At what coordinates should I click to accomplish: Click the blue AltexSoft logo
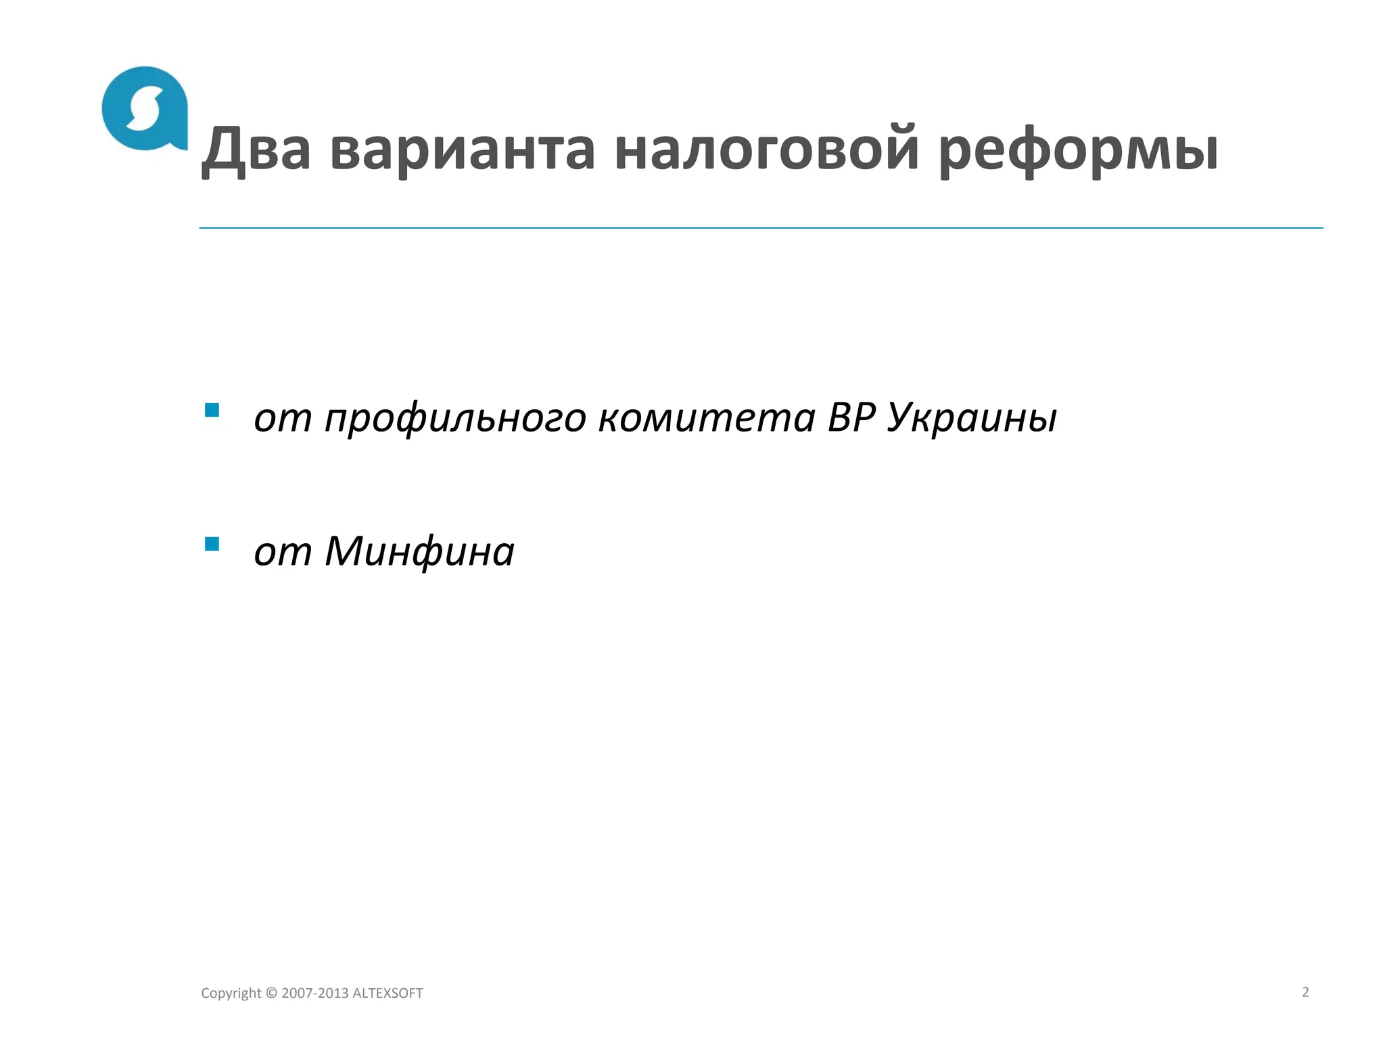pos(144,108)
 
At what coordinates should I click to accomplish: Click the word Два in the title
pos(256,149)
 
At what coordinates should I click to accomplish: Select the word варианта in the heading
pos(463,149)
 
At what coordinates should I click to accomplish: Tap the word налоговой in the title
pos(767,149)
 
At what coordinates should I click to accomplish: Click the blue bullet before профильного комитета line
pos(212,410)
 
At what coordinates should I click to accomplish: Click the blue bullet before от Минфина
pos(212,544)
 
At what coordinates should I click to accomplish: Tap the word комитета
pos(707,417)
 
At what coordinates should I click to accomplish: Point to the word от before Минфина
pos(283,552)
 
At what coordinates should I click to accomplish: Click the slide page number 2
pos(1305,992)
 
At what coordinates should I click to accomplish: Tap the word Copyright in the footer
pos(231,993)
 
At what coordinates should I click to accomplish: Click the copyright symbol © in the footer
pos(271,993)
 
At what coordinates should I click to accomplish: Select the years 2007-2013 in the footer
pos(315,993)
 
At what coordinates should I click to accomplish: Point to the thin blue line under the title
pos(761,228)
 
